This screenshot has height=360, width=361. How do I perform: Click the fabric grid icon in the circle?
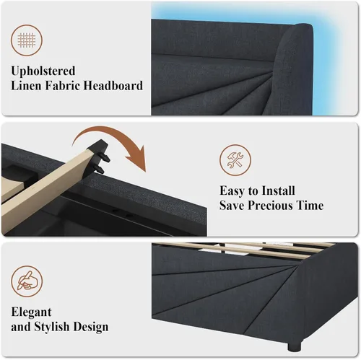pos(27,40)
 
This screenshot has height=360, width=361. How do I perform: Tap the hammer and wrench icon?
pos(235,160)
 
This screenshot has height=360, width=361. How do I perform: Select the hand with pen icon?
pos(27,281)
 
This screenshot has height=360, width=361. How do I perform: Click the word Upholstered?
pos(43,71)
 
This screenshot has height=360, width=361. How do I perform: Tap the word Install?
pos(278,190)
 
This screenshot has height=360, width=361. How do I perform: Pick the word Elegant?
pos(31,312)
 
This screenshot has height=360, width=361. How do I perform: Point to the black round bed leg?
pos(294,346)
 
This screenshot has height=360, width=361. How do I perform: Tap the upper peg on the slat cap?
pos(106,158)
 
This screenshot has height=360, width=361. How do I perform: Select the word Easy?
pos(232,191)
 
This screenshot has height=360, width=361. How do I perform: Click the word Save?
pos(232,206)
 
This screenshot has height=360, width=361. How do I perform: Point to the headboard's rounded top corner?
pos(308,26)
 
